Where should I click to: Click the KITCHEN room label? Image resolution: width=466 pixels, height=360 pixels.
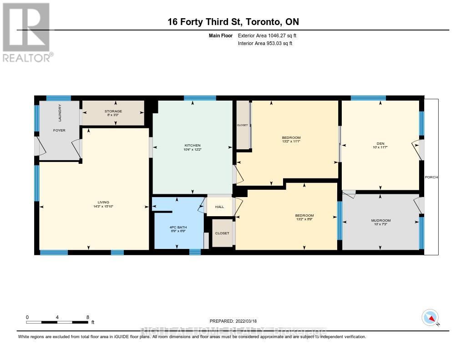pyautogui.click(x=192, y=145)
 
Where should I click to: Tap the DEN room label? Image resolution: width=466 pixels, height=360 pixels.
pyautogui.click(x=380, y=142)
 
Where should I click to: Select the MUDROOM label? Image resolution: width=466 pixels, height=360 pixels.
pyautogui.click(x=380, y=221)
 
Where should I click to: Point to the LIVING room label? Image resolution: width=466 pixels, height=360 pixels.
pyautogui.click(x=103, y=202)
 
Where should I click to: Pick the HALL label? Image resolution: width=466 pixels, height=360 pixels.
pyautogui.click(x=219, y=207)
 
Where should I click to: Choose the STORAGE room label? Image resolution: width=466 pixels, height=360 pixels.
pyautogui.click(x=113, y=111)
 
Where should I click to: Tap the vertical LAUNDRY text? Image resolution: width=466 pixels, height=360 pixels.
pyautogui.click(x=60, y=113)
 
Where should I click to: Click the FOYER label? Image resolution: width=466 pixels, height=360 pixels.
pyautogui.click(x=59, y=131)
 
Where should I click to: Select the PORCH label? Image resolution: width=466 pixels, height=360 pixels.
pyautogui.click(x=431, y=177)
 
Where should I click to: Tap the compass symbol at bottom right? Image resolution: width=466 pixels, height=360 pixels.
pyautogui.click(x=430, y=317)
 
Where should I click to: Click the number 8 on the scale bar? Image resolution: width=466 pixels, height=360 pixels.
pyautogui.click(x=87, y=317)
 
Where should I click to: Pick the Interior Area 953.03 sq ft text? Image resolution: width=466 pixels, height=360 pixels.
pyautogui.click(x=265, y=44)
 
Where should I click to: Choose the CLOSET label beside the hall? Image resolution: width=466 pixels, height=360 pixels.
pyautogui.click(x=222, y=233)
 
